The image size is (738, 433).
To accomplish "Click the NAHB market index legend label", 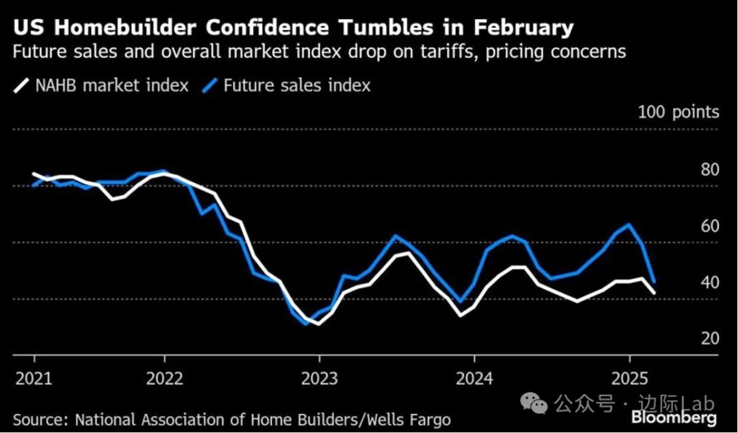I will (x=112, y=86).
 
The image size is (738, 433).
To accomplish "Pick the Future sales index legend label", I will (x=297, y=86).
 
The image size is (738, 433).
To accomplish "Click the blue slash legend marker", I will (x=210, y=86).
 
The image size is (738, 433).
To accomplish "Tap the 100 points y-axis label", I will (x=678, y=112).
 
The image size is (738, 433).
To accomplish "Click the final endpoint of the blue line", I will (x=655, y=281).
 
